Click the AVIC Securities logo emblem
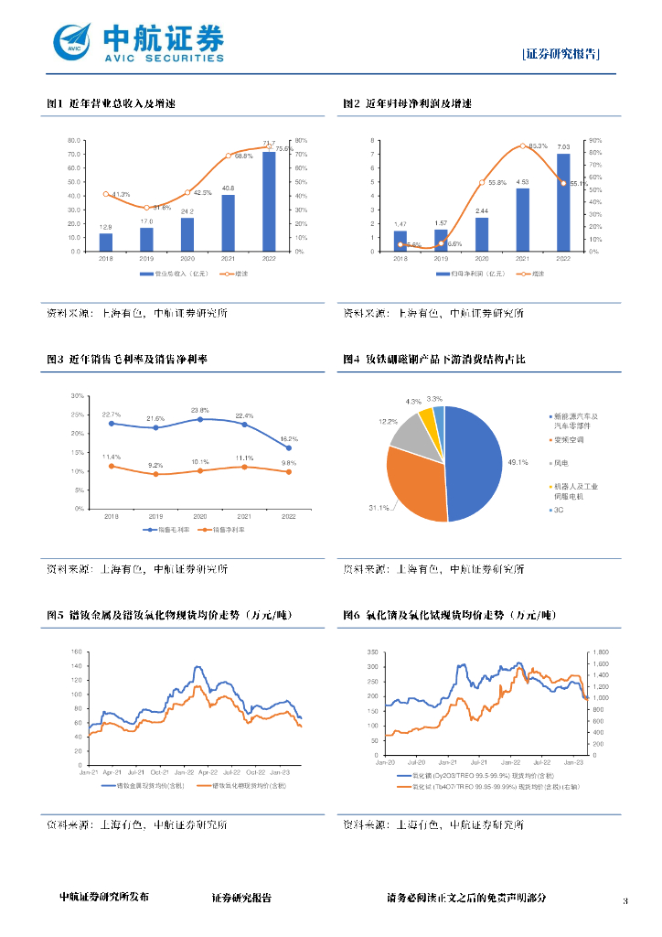coord(73,40)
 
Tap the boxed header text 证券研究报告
coord(561,54)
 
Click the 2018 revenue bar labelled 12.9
coord(106,242)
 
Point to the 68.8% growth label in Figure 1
coord(243,156)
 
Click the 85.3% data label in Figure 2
coord(539,146)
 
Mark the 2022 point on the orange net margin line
coord(289,471)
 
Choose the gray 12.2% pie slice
coord(411,430)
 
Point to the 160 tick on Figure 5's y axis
coord(77,652)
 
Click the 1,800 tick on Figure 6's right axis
coord(601,652)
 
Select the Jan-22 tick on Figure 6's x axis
coord(510,761)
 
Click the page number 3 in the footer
coord(625,901)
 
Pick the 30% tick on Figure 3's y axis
coord(78,396)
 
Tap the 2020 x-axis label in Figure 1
coord(187,259)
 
